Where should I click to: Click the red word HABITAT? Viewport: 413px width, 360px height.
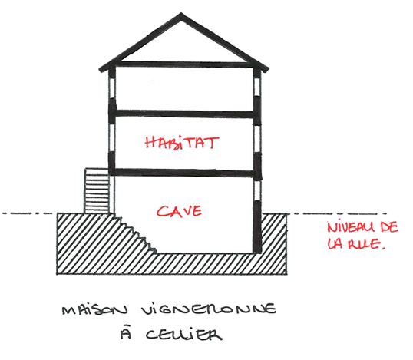coord(182,144)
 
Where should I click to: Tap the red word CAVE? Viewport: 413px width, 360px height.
coord(180,210)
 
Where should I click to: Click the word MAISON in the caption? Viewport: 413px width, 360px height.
coord(95,309)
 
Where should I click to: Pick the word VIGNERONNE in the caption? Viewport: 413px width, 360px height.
coord(208,309)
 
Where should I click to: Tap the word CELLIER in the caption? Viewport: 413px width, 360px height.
coord(183,335)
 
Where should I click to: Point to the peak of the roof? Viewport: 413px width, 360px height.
coord(181,13)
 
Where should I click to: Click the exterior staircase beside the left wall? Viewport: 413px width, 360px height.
coord(97,191)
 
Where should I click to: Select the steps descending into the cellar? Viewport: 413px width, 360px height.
coord(136,233)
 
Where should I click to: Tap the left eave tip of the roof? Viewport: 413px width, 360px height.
coord(101,71)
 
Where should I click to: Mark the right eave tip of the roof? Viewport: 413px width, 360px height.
coord(267,70)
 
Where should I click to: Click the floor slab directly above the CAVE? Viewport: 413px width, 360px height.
coord(184,173)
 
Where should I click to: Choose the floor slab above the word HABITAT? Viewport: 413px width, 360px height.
coord(184,114)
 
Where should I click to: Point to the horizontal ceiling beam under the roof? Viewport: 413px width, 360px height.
coord(184,64)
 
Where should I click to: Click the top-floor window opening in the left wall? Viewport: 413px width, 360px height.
coord(112,88)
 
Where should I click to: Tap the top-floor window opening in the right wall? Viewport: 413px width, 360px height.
coord(257,87)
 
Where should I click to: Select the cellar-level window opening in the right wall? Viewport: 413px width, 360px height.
coord(257,191)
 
